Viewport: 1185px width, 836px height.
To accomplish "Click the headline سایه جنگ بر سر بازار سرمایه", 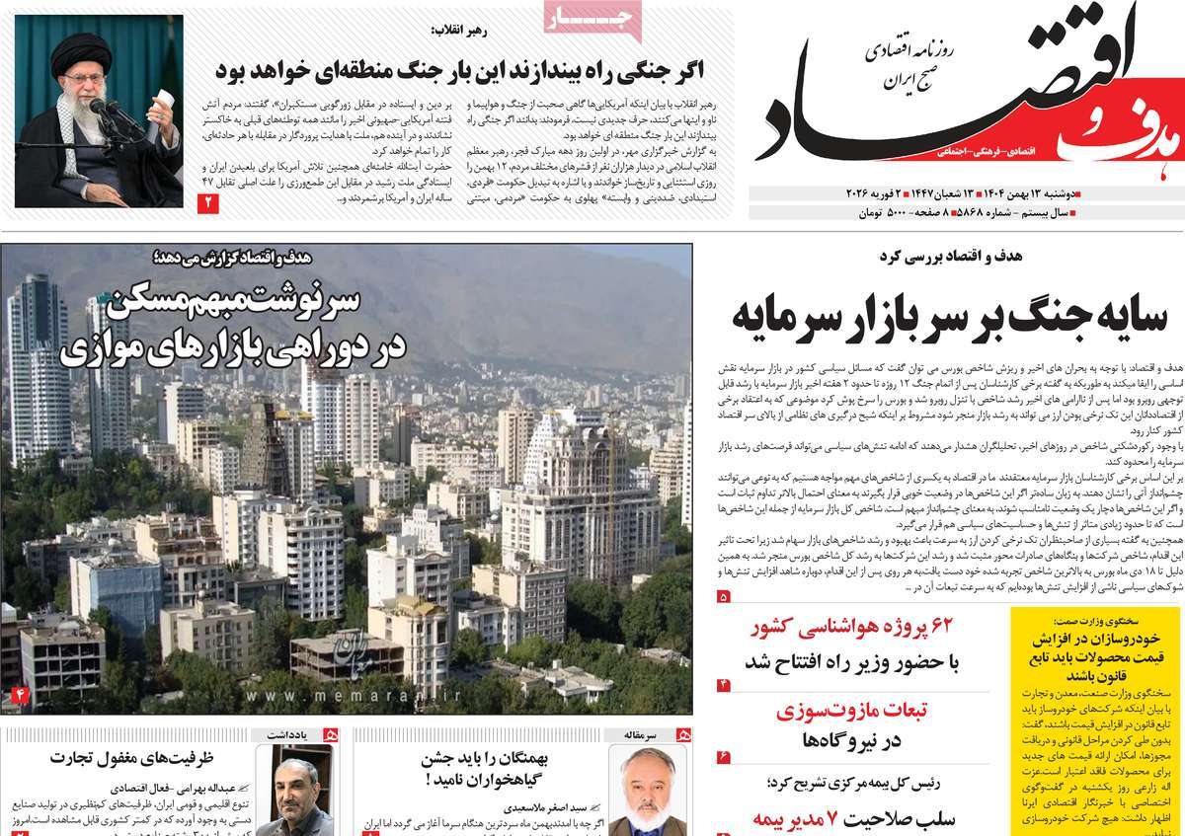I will [x=950, y=316].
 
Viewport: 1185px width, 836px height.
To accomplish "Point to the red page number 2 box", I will [x=209, y=203].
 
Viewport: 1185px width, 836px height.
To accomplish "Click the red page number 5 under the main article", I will [x=724, y=596].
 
